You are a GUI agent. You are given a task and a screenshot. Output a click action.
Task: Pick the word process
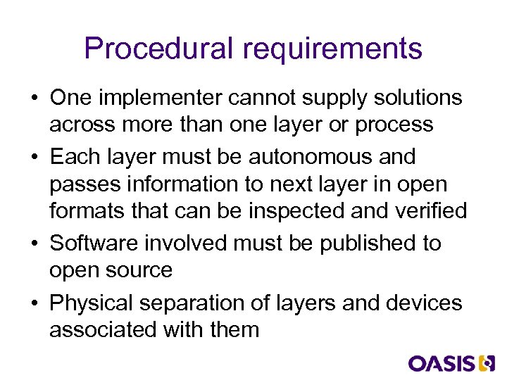394,125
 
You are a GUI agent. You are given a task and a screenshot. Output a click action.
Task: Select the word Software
94,243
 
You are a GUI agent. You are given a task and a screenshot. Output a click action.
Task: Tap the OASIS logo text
442,363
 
